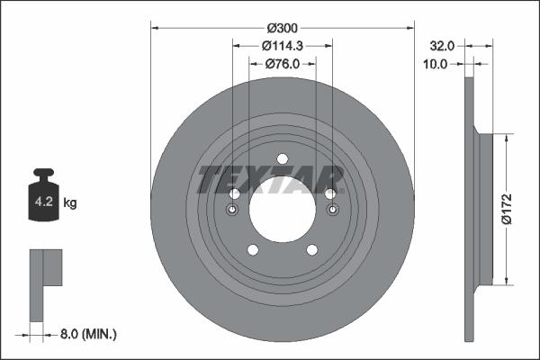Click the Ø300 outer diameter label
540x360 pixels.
coord(282,27)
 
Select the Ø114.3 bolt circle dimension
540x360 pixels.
coord(282,45)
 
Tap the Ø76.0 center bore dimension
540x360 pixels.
coord(282,63)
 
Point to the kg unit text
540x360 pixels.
coord(70,204)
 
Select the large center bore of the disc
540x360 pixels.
coord(282,213)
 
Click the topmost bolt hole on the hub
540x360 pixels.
coord(282,159)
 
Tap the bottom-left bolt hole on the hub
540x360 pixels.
coord(252,249)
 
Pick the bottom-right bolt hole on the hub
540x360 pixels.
coord(311,249)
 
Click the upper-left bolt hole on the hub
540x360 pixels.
coord(234,193)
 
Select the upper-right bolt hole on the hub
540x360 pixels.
coord(330,193)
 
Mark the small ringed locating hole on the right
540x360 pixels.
coord(333,211)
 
